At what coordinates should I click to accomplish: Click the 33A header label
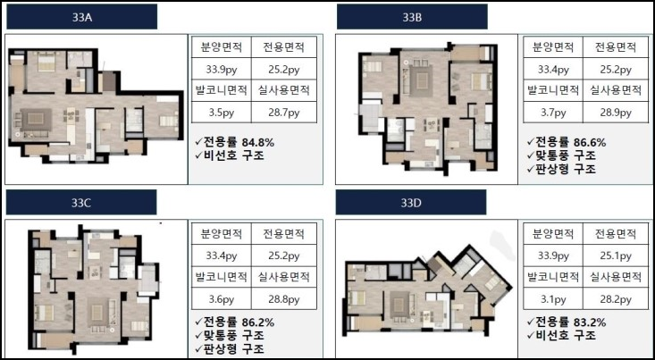pos(82,17)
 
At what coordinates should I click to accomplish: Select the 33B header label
pos(412,17)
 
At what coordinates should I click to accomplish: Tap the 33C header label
pos(81,202)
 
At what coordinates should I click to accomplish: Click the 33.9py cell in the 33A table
pos(222,69)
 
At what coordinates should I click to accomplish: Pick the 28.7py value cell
pos(284,113)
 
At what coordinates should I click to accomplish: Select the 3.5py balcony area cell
pos(222,113)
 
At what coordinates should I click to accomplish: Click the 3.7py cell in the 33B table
pos(553,113)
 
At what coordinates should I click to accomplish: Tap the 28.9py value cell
pos(616,113)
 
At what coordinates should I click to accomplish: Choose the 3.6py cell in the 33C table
pos(222,299)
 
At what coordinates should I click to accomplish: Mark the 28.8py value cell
pos(284,299)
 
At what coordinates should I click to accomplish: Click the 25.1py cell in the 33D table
pos(616,255)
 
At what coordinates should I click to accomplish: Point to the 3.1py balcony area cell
pos(553,299)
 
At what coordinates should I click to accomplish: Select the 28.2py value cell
pos(616,299)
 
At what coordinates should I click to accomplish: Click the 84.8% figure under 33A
pos(258,142)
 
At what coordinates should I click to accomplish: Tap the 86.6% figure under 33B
pos(590,142)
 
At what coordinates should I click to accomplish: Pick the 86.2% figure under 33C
pos(258,322)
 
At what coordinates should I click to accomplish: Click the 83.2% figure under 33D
pos(590,322)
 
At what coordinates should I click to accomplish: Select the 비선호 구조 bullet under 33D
pos(561,335)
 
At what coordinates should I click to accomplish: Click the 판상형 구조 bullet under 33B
pos(561,169)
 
